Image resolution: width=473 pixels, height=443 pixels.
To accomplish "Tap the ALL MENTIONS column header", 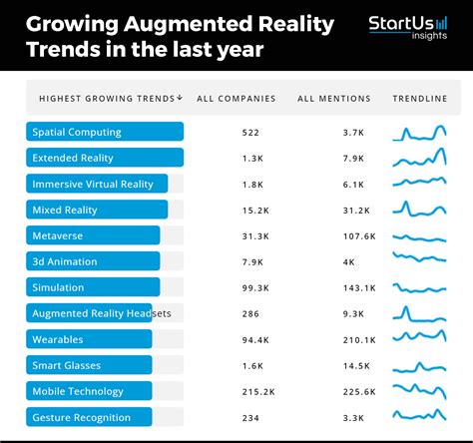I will [333, 99].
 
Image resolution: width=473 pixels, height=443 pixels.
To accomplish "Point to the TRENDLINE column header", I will [419, 99].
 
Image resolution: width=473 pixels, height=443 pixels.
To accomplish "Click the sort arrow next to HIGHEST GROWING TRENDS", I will [180, 98].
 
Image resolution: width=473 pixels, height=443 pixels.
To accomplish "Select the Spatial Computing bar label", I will [77, 132].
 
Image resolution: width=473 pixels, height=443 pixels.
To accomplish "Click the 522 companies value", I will [250, 133].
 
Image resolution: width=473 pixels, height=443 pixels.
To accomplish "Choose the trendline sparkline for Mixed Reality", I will [419, 210].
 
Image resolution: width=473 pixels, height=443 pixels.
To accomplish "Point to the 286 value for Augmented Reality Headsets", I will [250, 313].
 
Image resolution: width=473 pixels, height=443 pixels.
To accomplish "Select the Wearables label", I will [58, 339].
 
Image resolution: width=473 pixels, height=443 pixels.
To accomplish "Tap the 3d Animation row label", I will [65, 261].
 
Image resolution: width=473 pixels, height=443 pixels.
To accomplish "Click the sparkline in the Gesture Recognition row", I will [419, 417].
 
